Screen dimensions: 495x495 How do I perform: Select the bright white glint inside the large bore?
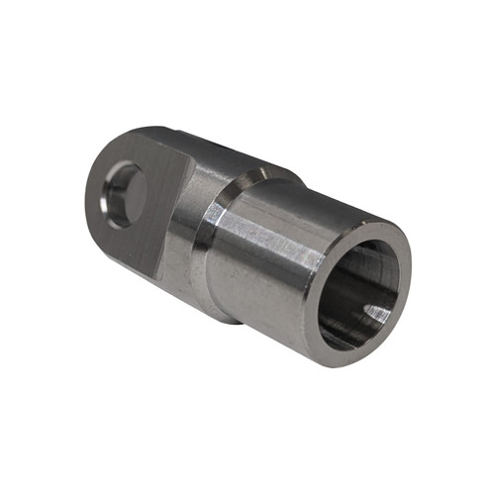378,315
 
